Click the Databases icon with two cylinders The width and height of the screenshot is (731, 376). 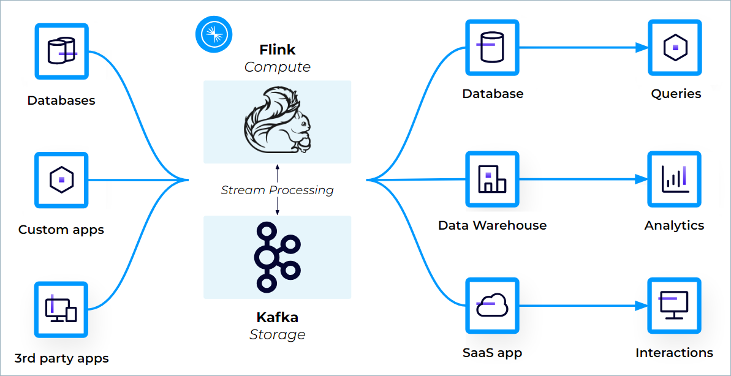pos(61,51)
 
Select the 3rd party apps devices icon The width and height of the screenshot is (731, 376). pos(61,309)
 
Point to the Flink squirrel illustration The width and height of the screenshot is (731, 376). pos(277,121)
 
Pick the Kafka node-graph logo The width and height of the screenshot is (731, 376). pos(277,257)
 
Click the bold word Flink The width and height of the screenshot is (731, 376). pos(277,50)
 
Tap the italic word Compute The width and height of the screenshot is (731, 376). pos(277,67)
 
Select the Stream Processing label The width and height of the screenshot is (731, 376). pos(277,190)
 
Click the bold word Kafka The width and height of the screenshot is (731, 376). pos(277,317)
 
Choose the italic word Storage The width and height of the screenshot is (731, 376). pos(277,334)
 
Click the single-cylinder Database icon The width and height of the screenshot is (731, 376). pos(492,47)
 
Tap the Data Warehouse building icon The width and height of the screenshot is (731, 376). pos(492,178)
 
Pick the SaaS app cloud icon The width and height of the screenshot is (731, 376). pos(492,304)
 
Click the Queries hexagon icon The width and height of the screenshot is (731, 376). pos(675,47)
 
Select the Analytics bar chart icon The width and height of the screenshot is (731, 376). pos(675,178)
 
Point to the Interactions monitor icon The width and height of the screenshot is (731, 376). pos(674,304)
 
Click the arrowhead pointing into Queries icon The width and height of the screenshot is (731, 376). pos(642,47)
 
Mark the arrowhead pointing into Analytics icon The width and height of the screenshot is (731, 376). pos(642,179)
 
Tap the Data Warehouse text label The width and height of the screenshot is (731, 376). pos(492,225)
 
